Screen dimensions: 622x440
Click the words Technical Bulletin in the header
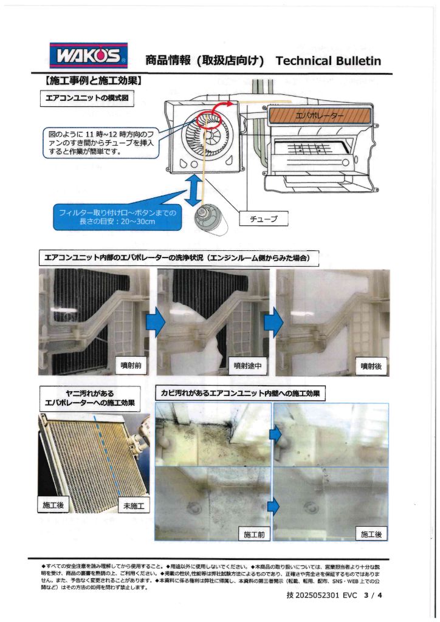coord(328,60)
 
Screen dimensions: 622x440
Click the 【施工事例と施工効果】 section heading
coord(91,80)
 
